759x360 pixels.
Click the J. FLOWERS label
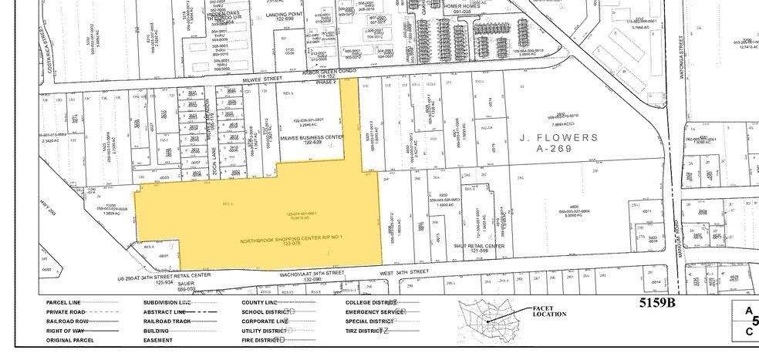point(558,138)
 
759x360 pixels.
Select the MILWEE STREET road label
point(142,86)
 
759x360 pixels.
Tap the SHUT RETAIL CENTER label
point(478,246)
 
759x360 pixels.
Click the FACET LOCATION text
point(548,312)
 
